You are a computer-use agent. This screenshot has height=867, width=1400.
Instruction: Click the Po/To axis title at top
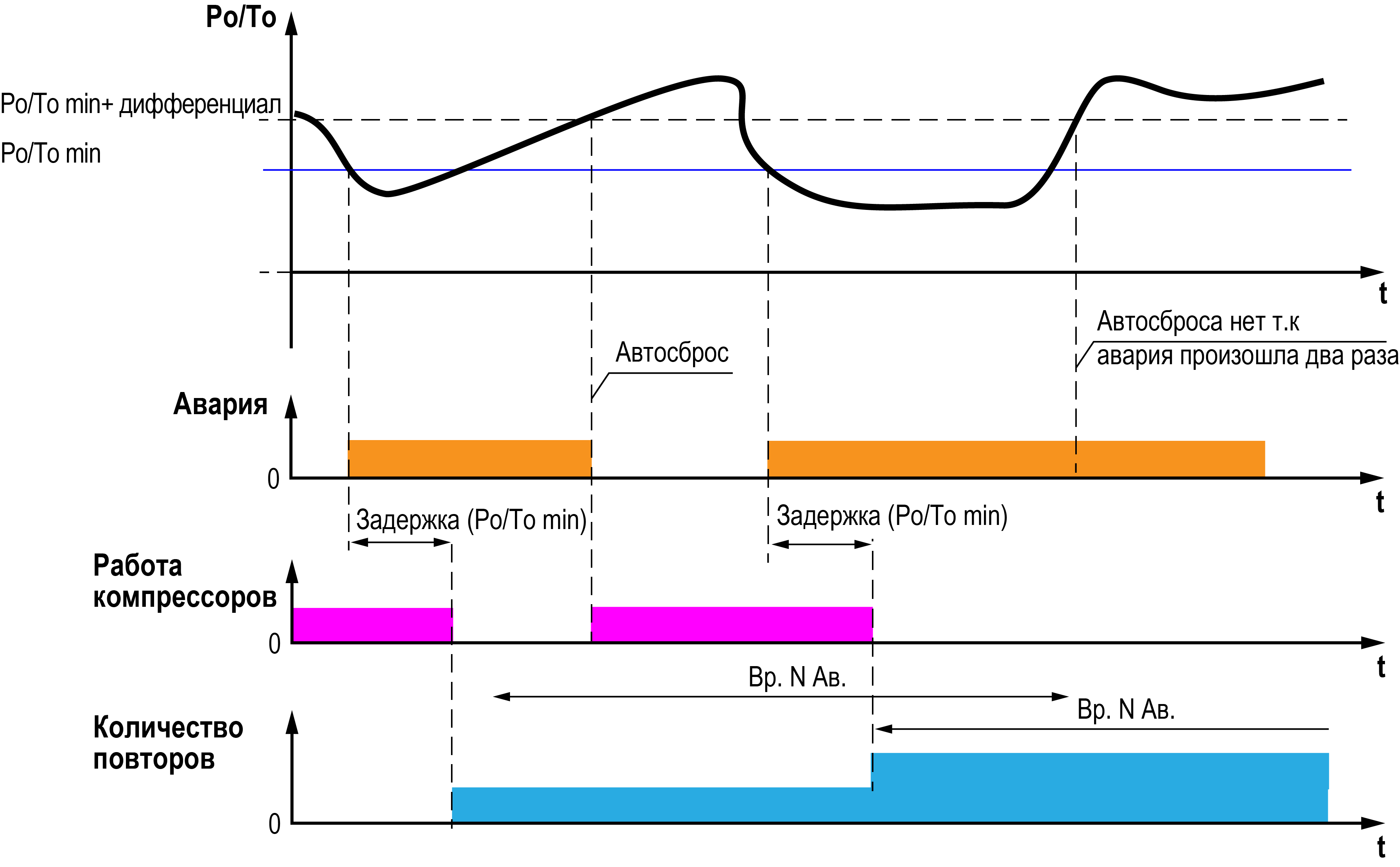click(241, 17)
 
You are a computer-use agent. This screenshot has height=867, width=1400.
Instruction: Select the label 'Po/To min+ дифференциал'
click(141, 105)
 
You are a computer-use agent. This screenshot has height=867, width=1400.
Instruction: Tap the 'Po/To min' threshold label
click(50, 154)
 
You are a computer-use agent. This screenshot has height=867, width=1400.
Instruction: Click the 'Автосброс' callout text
click(672, 353)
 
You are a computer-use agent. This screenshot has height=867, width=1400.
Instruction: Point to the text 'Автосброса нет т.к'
click(1197, 322)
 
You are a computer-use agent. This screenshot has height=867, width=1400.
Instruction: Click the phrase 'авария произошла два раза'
click(1247, 356)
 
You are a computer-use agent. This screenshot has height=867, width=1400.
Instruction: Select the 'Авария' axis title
click(220, 404)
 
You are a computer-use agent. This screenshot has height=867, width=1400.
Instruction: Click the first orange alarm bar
click(469, 459)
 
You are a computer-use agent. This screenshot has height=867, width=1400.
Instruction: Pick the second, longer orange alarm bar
click(1016, 459)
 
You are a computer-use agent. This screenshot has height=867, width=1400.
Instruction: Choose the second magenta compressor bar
click(731, 624)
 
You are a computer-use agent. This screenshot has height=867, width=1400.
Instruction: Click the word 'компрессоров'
click(185, 598)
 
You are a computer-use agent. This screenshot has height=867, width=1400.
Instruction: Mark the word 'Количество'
click(168, 728)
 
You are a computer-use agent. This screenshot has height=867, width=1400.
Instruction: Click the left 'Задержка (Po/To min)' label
click(471, 520)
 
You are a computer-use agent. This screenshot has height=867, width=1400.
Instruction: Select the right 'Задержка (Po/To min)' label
click(891, 516)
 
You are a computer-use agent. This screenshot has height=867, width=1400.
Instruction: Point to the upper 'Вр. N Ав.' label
click(797, 678)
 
